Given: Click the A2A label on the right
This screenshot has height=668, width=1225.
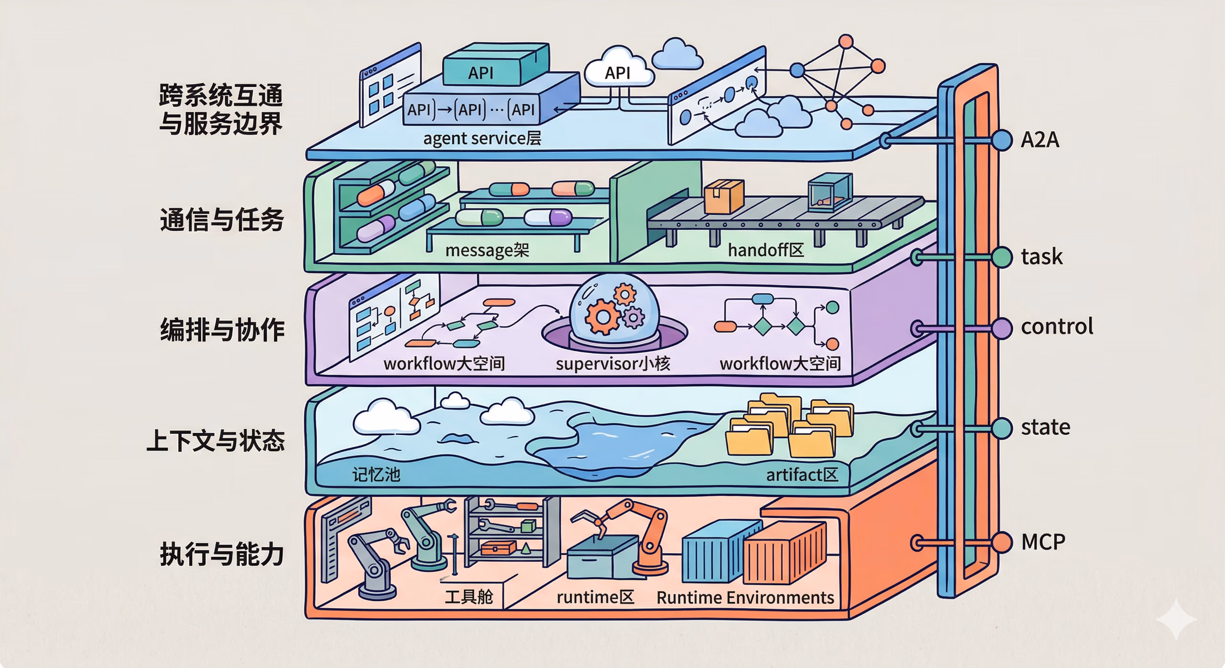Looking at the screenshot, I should click(1039, 140).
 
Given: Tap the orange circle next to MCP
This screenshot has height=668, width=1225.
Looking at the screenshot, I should click(1002, 542).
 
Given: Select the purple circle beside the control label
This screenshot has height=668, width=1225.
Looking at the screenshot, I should click(1002, 328).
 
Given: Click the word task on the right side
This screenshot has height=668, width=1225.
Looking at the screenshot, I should click(1041, 257).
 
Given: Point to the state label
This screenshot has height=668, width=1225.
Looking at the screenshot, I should click(1045, 427).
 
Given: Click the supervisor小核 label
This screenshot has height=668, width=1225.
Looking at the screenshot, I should click(612, 364).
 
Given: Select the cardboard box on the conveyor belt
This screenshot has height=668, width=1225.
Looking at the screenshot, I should click(724, 196).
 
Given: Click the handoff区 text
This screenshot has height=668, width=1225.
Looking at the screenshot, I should click(766, 250).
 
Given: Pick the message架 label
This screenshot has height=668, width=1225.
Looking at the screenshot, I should click(487, 250).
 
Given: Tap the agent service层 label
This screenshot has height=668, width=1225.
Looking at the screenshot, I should click(482, 138).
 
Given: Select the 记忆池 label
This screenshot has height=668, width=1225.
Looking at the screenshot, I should click(376, 475).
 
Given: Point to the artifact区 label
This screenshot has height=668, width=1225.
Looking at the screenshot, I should click(802, 475).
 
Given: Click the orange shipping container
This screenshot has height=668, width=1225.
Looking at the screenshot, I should click(785, 553).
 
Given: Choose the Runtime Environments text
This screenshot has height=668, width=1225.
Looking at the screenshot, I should click(745, 598).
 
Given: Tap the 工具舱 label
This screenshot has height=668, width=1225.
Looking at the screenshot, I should click(468, 597).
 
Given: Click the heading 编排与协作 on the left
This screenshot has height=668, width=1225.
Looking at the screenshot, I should click(222, 330).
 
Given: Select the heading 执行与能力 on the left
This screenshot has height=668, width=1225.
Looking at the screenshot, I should click(222, 554).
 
